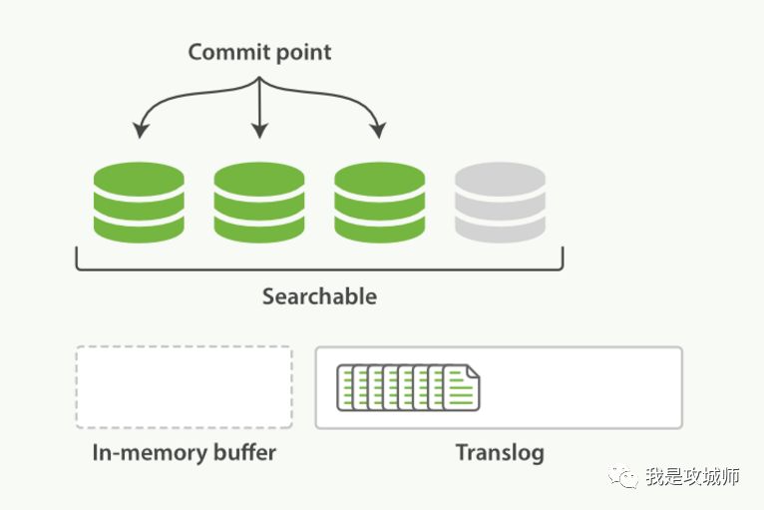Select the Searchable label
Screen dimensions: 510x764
[319, 296]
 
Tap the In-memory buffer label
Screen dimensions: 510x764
[184, 452]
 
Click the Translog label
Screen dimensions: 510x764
[500, 452]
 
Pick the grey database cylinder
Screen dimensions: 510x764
[500, 203]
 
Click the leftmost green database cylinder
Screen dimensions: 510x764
[139, 203]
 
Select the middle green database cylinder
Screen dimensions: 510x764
[259, 203]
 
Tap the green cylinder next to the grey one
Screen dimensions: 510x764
[380, 203]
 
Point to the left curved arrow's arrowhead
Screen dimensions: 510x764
[141, 131]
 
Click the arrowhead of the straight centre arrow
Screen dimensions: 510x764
[259, 131]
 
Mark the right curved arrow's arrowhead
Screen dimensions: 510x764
[378, 131]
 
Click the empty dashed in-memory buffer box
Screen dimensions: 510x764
[184, 387]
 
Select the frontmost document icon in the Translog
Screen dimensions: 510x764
[461, 388]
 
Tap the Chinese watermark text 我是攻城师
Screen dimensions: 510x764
[692, 477]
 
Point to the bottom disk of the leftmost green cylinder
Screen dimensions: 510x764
[139, 227]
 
